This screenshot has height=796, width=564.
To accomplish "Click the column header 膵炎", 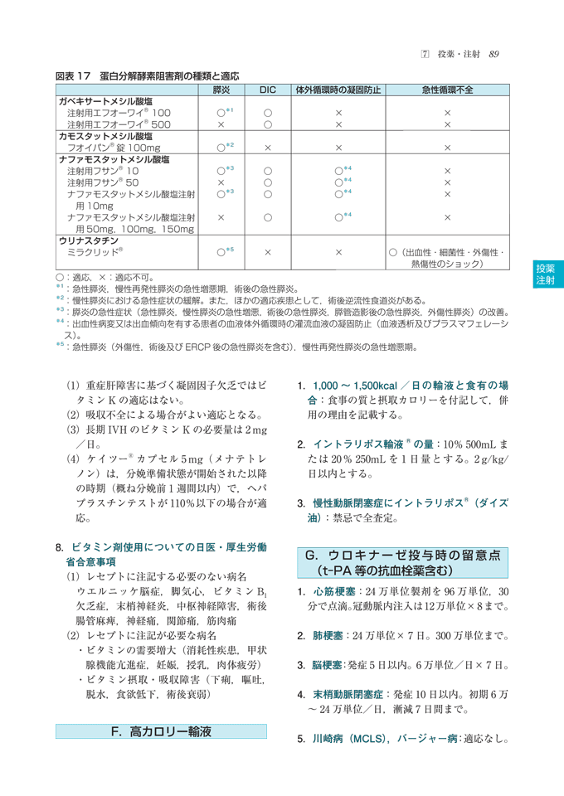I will coord(221,89).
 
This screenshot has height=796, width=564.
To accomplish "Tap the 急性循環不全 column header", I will coord(446,89).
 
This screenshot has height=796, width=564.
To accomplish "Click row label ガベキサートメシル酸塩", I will coord(110,100).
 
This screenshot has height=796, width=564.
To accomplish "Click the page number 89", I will coord(494,55).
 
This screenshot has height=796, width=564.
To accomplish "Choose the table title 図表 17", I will coord(73,75).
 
